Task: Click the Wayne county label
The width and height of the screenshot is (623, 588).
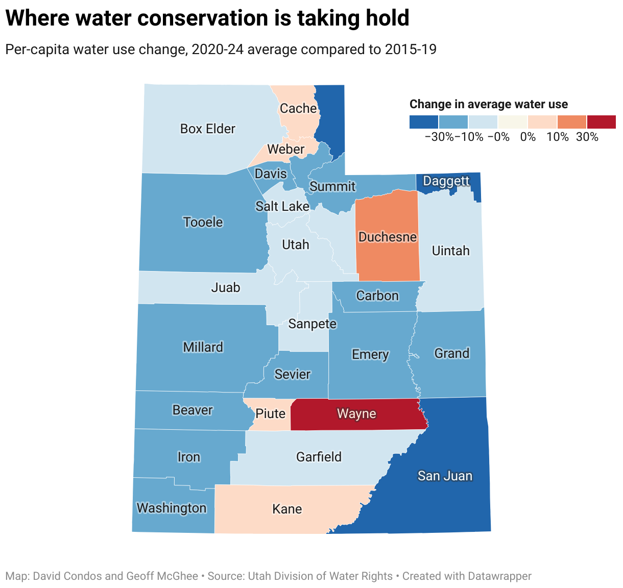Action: [356, 414]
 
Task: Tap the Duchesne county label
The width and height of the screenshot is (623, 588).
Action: [388, 237]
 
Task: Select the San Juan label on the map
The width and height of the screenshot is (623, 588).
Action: [445, 476]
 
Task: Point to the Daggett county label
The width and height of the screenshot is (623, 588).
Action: [446, 181]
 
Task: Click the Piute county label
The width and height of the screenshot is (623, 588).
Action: [270, 413]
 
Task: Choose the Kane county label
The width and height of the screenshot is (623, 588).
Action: [287, 509]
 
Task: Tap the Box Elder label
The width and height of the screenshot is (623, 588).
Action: [207, 129]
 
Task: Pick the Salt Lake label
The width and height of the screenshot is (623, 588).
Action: [282, 206]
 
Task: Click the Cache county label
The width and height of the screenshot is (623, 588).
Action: [298, 109]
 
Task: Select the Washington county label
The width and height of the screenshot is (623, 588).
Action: [172, 508]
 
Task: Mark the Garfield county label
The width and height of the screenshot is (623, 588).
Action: [319, 457]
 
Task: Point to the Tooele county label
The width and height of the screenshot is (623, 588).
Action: [203, 223]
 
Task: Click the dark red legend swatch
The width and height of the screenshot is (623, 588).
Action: [601, 122]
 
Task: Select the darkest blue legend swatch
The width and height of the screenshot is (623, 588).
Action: [424, 122]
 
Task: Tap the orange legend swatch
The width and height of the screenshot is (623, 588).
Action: [571, 122]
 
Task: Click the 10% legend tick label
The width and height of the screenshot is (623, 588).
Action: [558, 137]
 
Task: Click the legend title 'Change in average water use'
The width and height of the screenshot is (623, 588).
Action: [488, 105]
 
